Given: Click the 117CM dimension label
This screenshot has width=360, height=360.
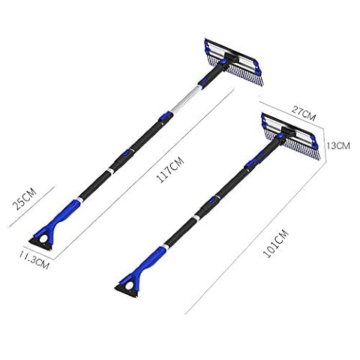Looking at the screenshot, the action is (170, 170).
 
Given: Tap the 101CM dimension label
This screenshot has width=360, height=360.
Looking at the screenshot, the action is (276, 243).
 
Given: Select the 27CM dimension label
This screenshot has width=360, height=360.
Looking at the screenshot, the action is (304, 113).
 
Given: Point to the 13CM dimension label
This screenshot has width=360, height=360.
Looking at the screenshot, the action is (338, 145).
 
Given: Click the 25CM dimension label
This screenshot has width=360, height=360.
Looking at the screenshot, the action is (25, 199).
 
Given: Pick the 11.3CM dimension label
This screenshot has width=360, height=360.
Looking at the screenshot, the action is (34, 260).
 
